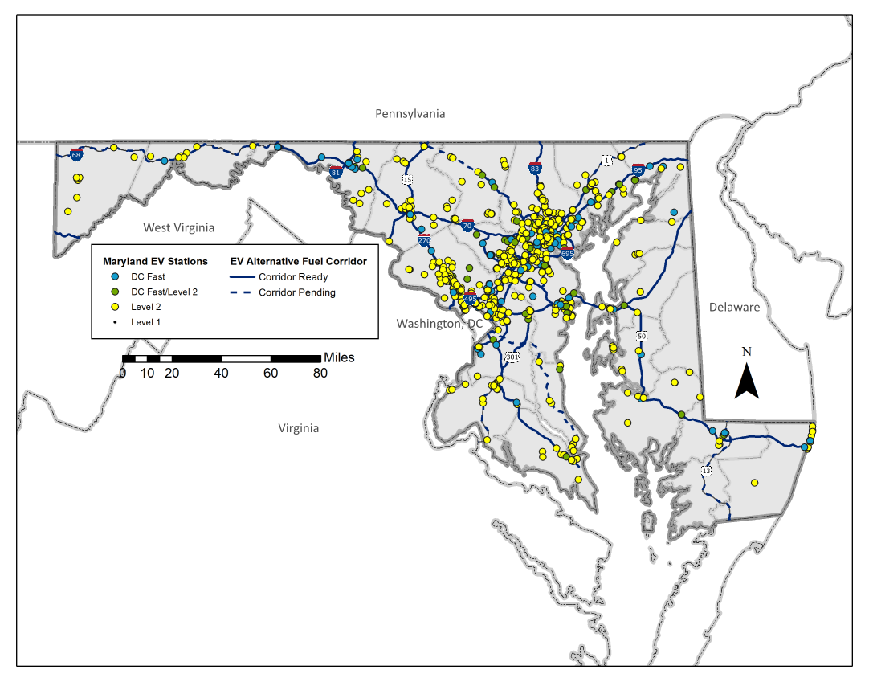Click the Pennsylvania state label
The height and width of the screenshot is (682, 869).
pos(410,114)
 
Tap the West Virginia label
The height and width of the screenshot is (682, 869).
pos(179,227)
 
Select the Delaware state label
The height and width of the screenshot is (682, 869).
pos(734,307)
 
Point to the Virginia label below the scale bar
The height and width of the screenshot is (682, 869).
pos(299,427)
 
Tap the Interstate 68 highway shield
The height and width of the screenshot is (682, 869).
pos(75,154)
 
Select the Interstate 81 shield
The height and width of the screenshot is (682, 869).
pos(337,171)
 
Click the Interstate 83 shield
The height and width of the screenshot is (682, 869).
pos(535,169)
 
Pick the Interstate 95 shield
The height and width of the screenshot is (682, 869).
pos(638,169)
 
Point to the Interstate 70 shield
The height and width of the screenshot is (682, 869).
pos(467,227)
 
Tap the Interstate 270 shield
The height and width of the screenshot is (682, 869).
pos(424,239)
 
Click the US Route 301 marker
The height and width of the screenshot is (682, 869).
pos(512,357)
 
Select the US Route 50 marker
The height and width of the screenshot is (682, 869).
pos(641,336)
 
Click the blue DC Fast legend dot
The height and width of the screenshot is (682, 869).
pos(116,276)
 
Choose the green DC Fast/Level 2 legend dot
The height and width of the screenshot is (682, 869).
pos(116,292)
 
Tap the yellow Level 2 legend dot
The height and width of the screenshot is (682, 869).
pos(116,307)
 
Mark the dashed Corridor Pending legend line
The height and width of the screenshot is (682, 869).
pos(241,292)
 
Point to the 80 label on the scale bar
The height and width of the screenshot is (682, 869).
pos(320,373)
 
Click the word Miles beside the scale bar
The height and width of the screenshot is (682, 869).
pos(338,357)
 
